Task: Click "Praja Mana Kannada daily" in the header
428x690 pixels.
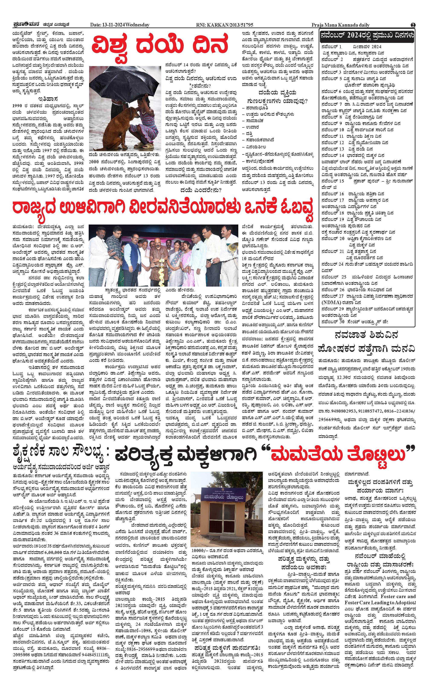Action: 341,25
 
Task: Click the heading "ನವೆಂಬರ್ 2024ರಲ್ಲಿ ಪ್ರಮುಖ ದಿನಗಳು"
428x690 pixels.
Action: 367,35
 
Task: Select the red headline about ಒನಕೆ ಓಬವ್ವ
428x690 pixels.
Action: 163,210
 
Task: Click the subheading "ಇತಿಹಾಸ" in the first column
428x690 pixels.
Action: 48,99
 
